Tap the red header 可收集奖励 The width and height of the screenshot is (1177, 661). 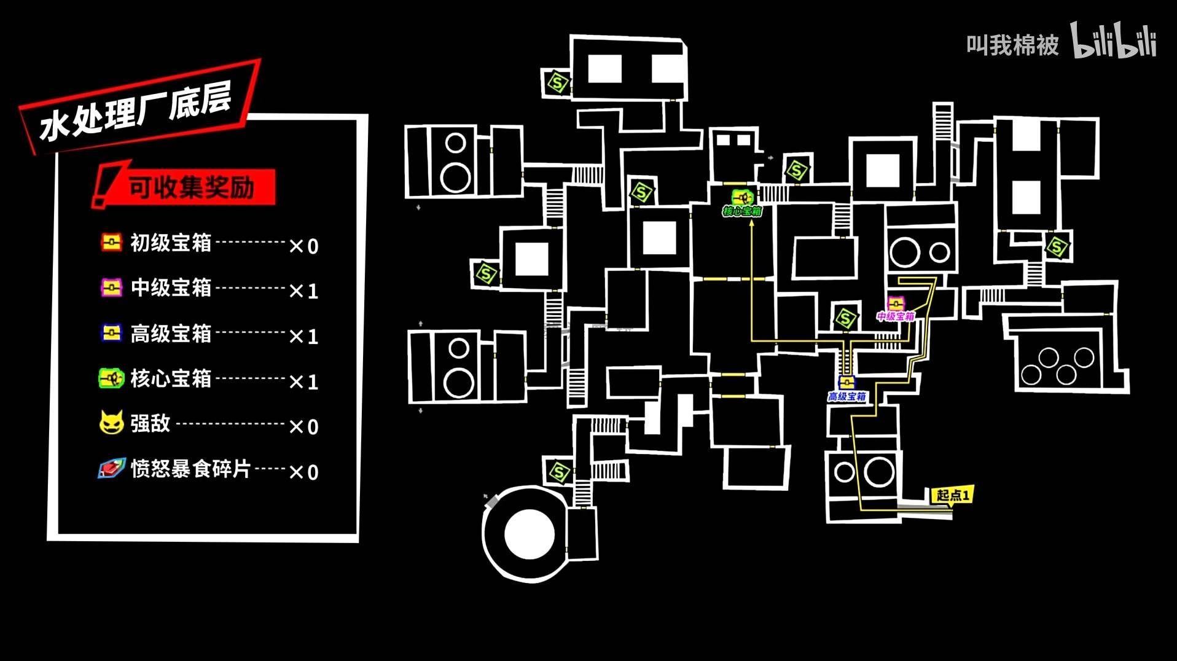click(191, 187)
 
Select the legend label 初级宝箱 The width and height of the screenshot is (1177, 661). click(171, 243)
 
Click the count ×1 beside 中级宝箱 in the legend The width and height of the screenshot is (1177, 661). click(303, 291)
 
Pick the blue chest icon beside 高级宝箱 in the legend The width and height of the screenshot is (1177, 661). click(111, 333)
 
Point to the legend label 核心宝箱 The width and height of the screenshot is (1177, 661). click(171, 378)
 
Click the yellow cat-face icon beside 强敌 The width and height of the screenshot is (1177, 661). click(111, 423)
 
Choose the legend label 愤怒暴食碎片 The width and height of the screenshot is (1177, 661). click(190, 469)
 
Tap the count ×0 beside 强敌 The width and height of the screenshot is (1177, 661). click(303, 426)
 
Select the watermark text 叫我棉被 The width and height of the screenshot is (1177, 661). click(1012, 45)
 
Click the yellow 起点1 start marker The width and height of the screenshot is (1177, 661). click(952, 495)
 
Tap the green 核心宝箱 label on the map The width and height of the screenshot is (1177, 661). click(742, 212)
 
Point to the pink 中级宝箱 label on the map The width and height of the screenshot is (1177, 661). click(896, 316)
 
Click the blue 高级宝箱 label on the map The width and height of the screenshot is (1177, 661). click(847, 397)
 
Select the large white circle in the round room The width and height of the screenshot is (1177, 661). click(529, 534)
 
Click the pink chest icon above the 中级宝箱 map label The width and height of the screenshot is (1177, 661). click(896, 303)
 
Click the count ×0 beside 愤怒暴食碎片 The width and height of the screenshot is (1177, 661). click(303, 472)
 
